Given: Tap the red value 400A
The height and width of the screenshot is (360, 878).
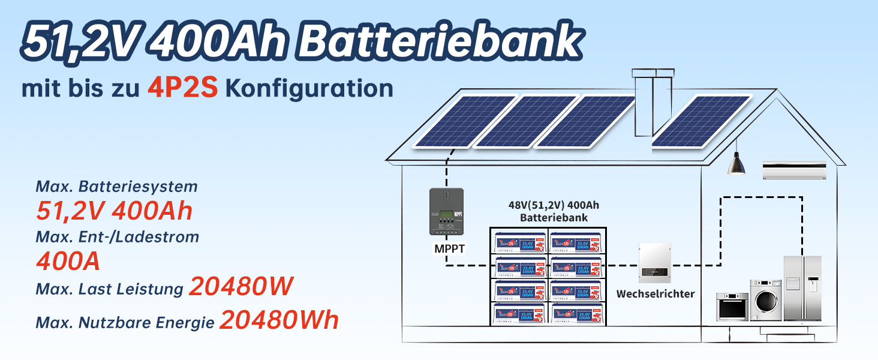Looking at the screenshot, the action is [68, 261].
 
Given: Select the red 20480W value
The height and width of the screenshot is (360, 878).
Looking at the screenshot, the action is [241, 287].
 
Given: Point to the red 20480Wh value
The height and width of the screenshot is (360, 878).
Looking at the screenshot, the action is [279, 320].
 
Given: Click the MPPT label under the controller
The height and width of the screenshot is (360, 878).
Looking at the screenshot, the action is [446, 248].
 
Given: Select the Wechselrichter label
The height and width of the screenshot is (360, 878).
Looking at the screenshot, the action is [656, 294].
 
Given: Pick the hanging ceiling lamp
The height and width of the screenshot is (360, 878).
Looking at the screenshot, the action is [736, 164].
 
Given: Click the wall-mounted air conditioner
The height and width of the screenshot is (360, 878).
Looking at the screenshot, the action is [794, 170].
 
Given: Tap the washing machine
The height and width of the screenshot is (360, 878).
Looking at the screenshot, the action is [766, 300].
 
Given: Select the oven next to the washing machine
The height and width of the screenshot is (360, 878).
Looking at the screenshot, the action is [732, 306].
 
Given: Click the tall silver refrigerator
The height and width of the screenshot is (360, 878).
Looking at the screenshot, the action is [802, 288].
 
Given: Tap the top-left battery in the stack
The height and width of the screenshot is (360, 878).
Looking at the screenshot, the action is [519, 241].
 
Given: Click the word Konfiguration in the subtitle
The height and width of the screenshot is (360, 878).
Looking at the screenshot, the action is [309, 89].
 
